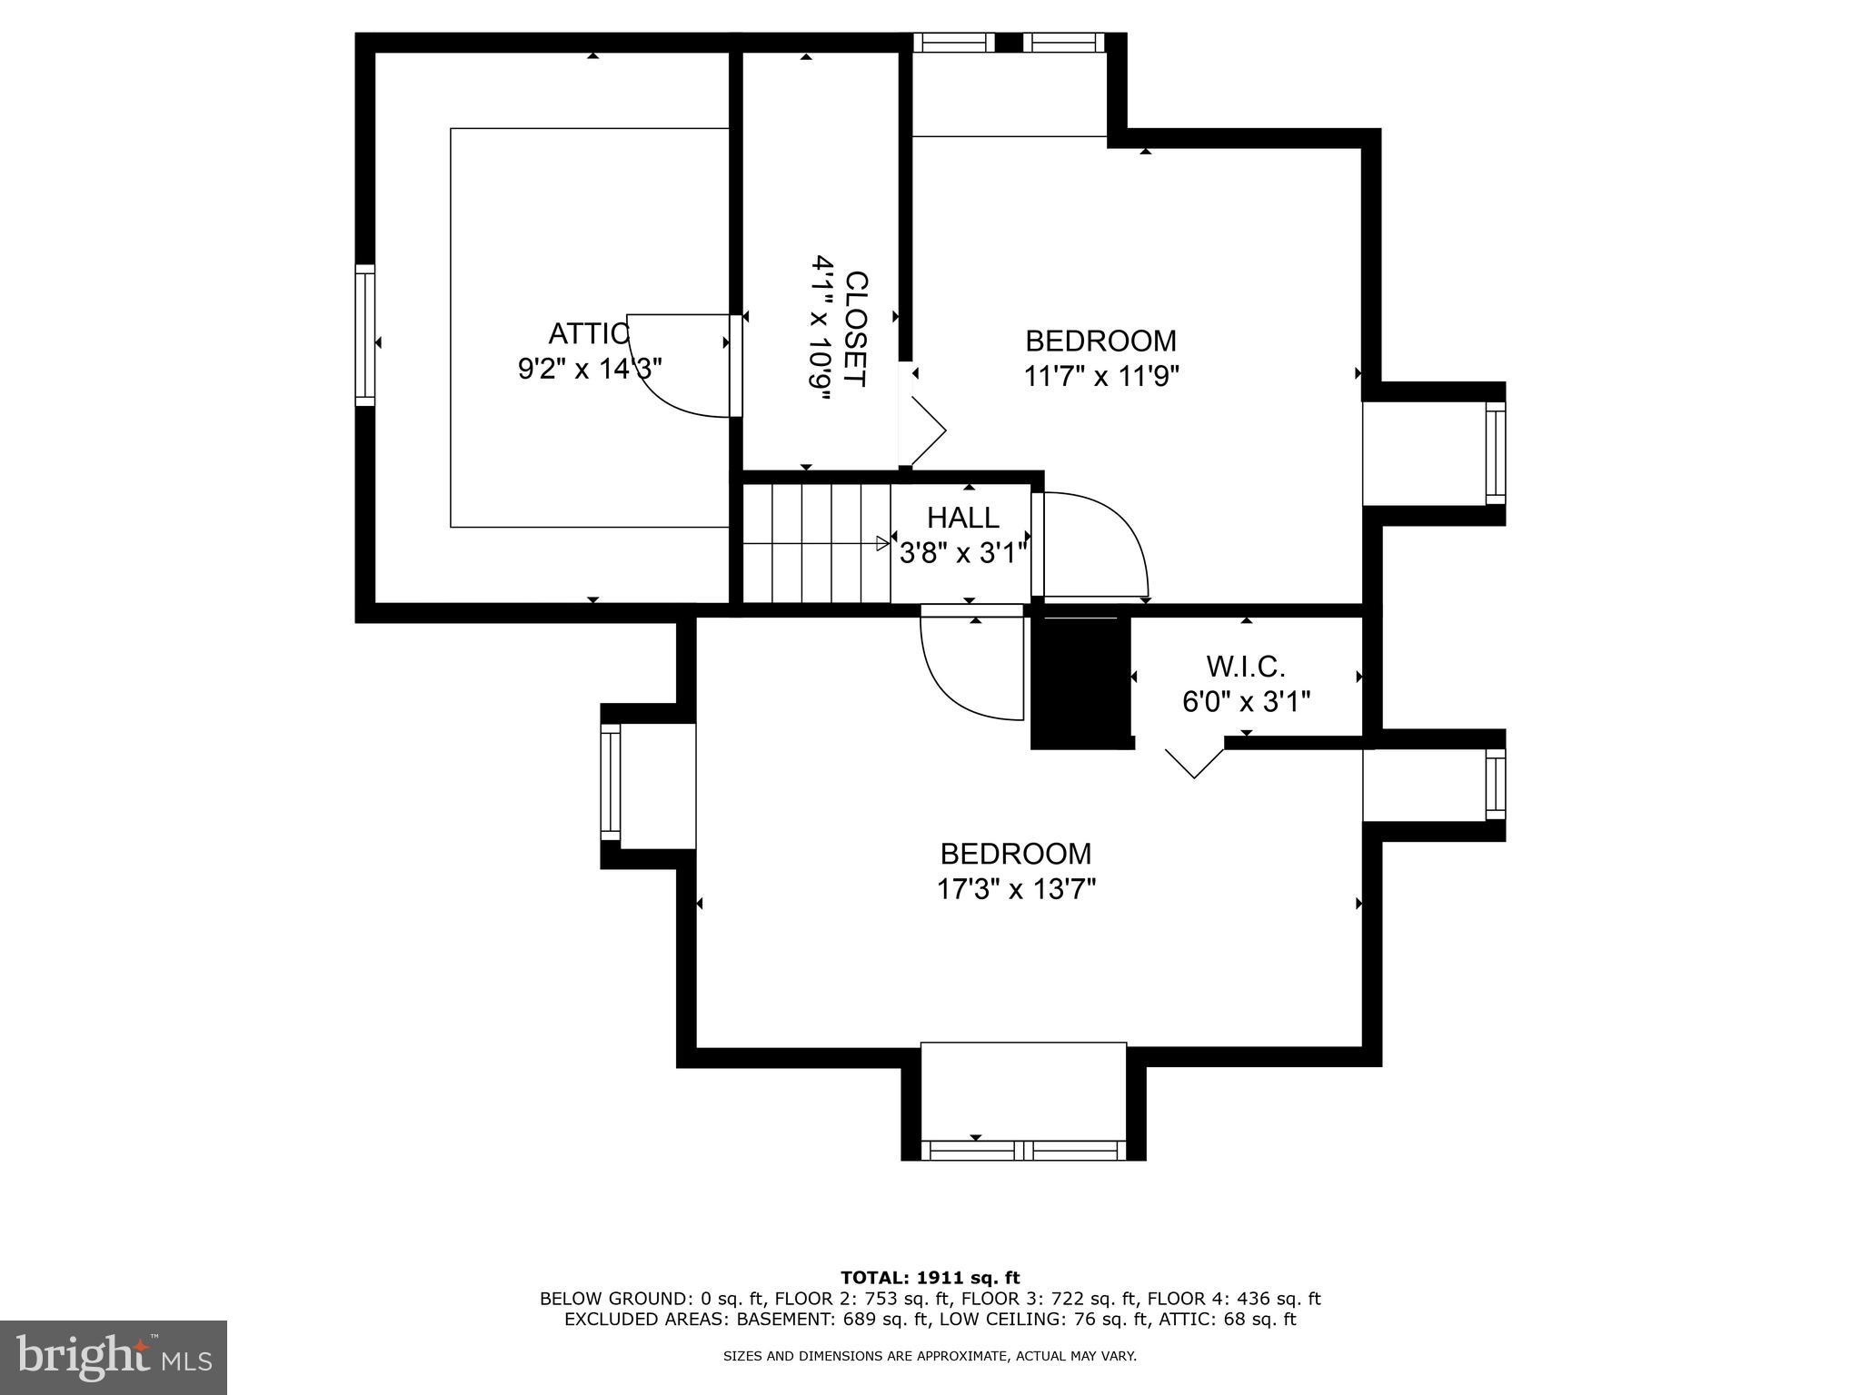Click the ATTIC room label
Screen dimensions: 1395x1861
pyautogui.click(x=588, y=334)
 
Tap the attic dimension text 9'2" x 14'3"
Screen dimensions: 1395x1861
pyautogui.click(x=589, y=369)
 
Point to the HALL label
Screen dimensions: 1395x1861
pyautogui.click(x=962, y=518)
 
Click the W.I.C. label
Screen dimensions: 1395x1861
pyautogui.click(x=1245, y=667)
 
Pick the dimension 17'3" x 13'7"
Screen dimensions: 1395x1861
pyautogui.click(x=1016, y=888)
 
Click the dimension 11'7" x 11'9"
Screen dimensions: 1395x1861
pyautogui.click(x=1101, y=376)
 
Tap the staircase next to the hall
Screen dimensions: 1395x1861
pyautogui.click(x=815, y=543)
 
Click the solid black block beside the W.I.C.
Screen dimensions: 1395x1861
pyautogui.click(x=1081, y=681)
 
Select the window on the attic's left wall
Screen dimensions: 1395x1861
pyautogui.click(x=364, y=334)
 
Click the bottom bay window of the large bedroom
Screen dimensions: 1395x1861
pyautogui.click(x=1023, y=1150)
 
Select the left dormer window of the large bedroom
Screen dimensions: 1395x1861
pyautogui.click(x=610, y=783)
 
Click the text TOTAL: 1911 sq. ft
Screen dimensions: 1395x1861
pyautogui.click(x=930, y=1278)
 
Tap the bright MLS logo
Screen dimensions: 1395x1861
pyautogui.click(x=114, y=1358)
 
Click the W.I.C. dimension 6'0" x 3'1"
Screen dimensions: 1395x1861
pyautogui.click(x=1246, y=702)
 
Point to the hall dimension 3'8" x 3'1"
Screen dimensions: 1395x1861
pyautogui.click(x=963, y=552)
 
